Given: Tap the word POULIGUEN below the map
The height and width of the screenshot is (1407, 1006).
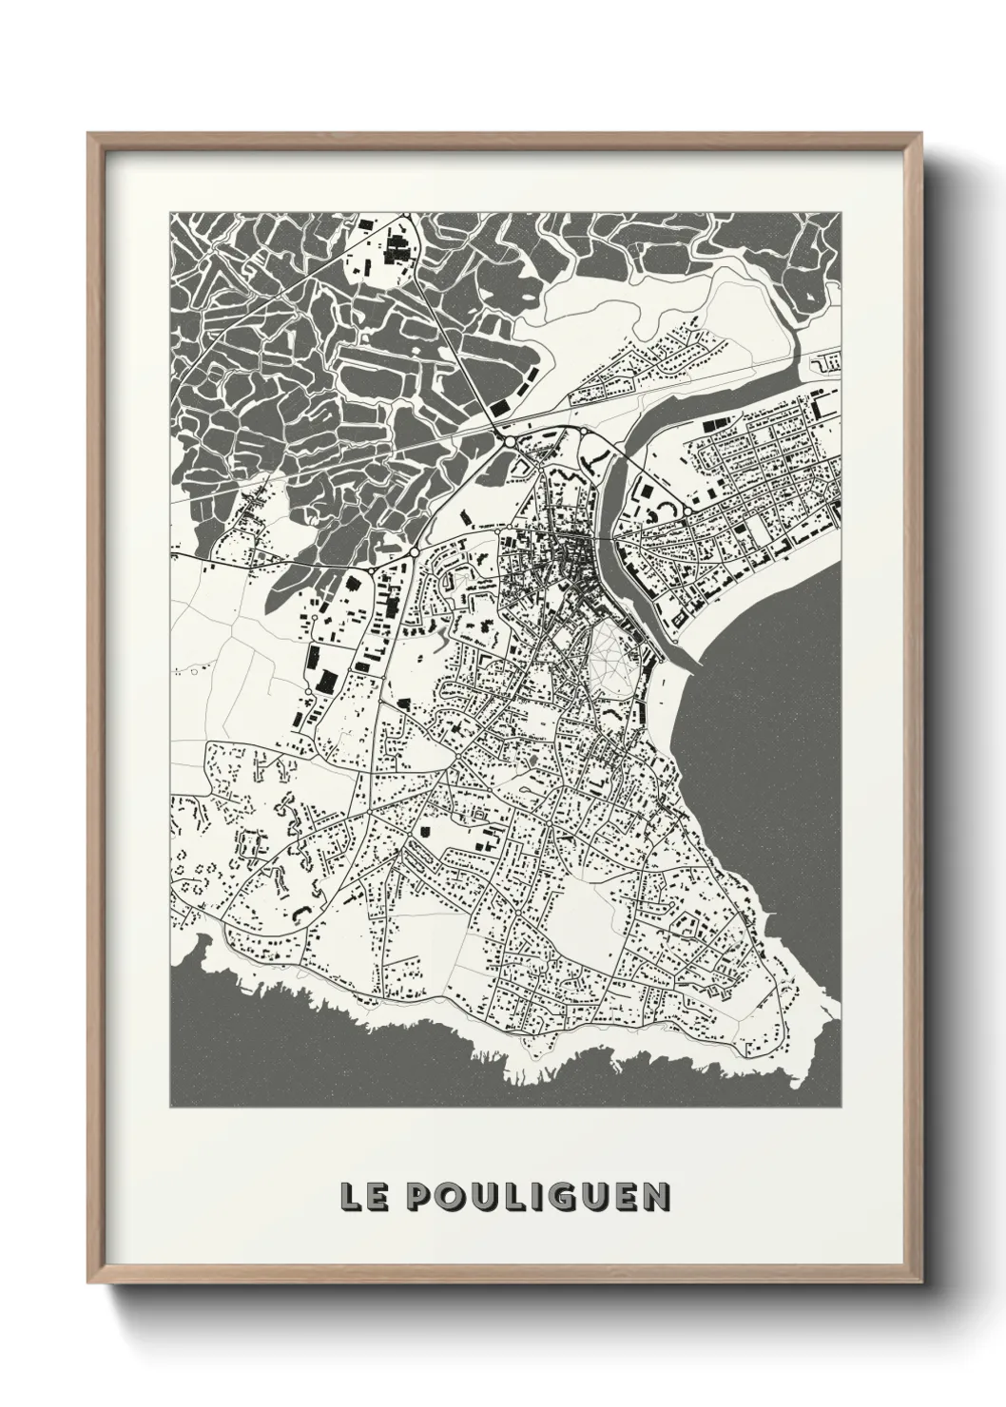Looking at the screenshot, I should [536, 1197].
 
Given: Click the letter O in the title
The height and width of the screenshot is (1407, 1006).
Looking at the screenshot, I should [451, 1197].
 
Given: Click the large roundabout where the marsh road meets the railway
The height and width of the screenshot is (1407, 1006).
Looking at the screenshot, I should [510, 442].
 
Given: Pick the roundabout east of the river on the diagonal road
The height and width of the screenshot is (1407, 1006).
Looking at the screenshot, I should [686, 512].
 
